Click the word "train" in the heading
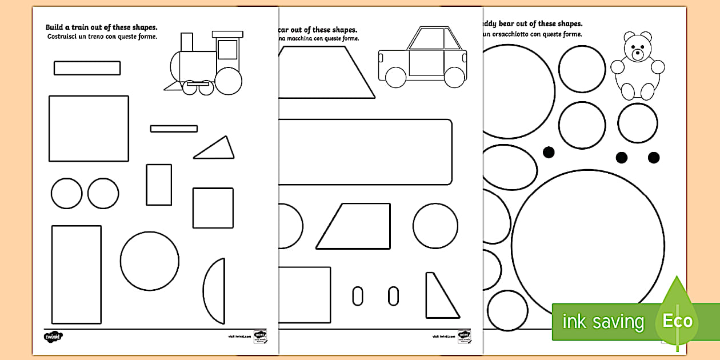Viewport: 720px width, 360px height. click(85, 27)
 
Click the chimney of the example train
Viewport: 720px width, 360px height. click(187, 42)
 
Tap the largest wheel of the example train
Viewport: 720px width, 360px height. click(229, 81)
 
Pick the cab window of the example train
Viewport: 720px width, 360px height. click(227, 49)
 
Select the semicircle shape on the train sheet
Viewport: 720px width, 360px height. click(215, 290)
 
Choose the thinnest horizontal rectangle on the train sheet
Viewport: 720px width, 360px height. click(174, 129)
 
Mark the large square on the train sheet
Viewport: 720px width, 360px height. click(89, 129)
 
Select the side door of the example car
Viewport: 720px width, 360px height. click(426, 63)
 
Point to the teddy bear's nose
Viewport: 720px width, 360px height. click(638, 55)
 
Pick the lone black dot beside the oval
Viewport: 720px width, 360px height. click(549, 153)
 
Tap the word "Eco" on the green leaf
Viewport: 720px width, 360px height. click(678, 321)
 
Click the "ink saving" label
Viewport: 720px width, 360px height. click(603, 322)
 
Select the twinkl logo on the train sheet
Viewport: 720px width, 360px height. click(54, 337)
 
